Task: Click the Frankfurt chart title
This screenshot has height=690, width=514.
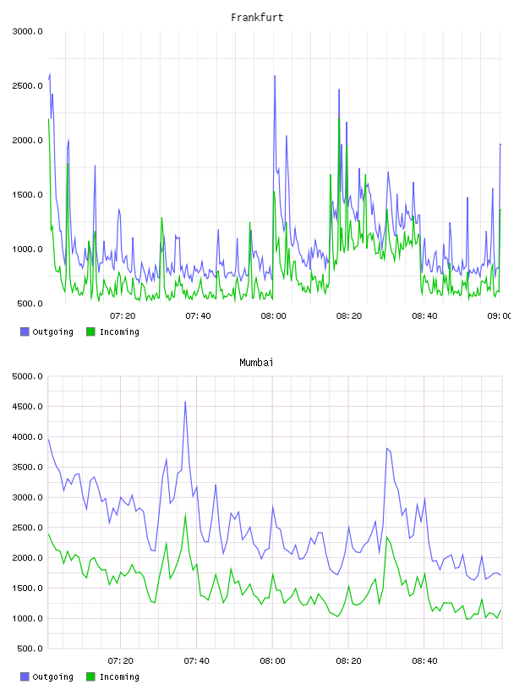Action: tap(257, 18)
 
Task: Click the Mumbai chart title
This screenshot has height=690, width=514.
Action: tap(256, 363)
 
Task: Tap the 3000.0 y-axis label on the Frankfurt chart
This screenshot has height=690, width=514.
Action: tap(27, 31)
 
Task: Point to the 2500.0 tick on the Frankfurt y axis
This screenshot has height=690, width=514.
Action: tap(27, 85)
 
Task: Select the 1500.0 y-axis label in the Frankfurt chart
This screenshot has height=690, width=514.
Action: tap(27, 195)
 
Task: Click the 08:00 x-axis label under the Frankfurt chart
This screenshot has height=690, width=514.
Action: tap(273, 316)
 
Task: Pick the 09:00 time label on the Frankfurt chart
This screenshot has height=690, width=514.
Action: tap(500, 316)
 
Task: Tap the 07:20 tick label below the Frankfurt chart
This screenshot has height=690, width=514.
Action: tap(123, 316)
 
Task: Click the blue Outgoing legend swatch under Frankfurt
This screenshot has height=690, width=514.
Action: tap(25, 331)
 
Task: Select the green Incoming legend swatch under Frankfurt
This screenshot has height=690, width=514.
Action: tap(90, 331)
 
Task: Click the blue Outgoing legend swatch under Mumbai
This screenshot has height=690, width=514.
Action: tap(25, 676)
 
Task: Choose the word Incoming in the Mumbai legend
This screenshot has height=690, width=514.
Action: tap(119, 676)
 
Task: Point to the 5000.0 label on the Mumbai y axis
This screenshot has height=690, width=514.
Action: tap(27, 376)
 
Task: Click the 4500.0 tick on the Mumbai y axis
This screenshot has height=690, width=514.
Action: tap(27, 407)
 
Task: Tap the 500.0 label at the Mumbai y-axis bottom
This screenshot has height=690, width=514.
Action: tap(30, 649)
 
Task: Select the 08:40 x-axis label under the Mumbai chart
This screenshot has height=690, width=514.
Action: tap(424, 661)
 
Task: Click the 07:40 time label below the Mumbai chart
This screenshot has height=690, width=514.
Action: tap(197, 661)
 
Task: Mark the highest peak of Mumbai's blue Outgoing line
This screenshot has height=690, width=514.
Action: tap(185, 402)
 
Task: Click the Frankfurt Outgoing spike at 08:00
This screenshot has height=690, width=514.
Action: tap(275, 76)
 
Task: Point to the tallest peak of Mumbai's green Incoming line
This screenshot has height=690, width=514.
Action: tap(186, 515)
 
